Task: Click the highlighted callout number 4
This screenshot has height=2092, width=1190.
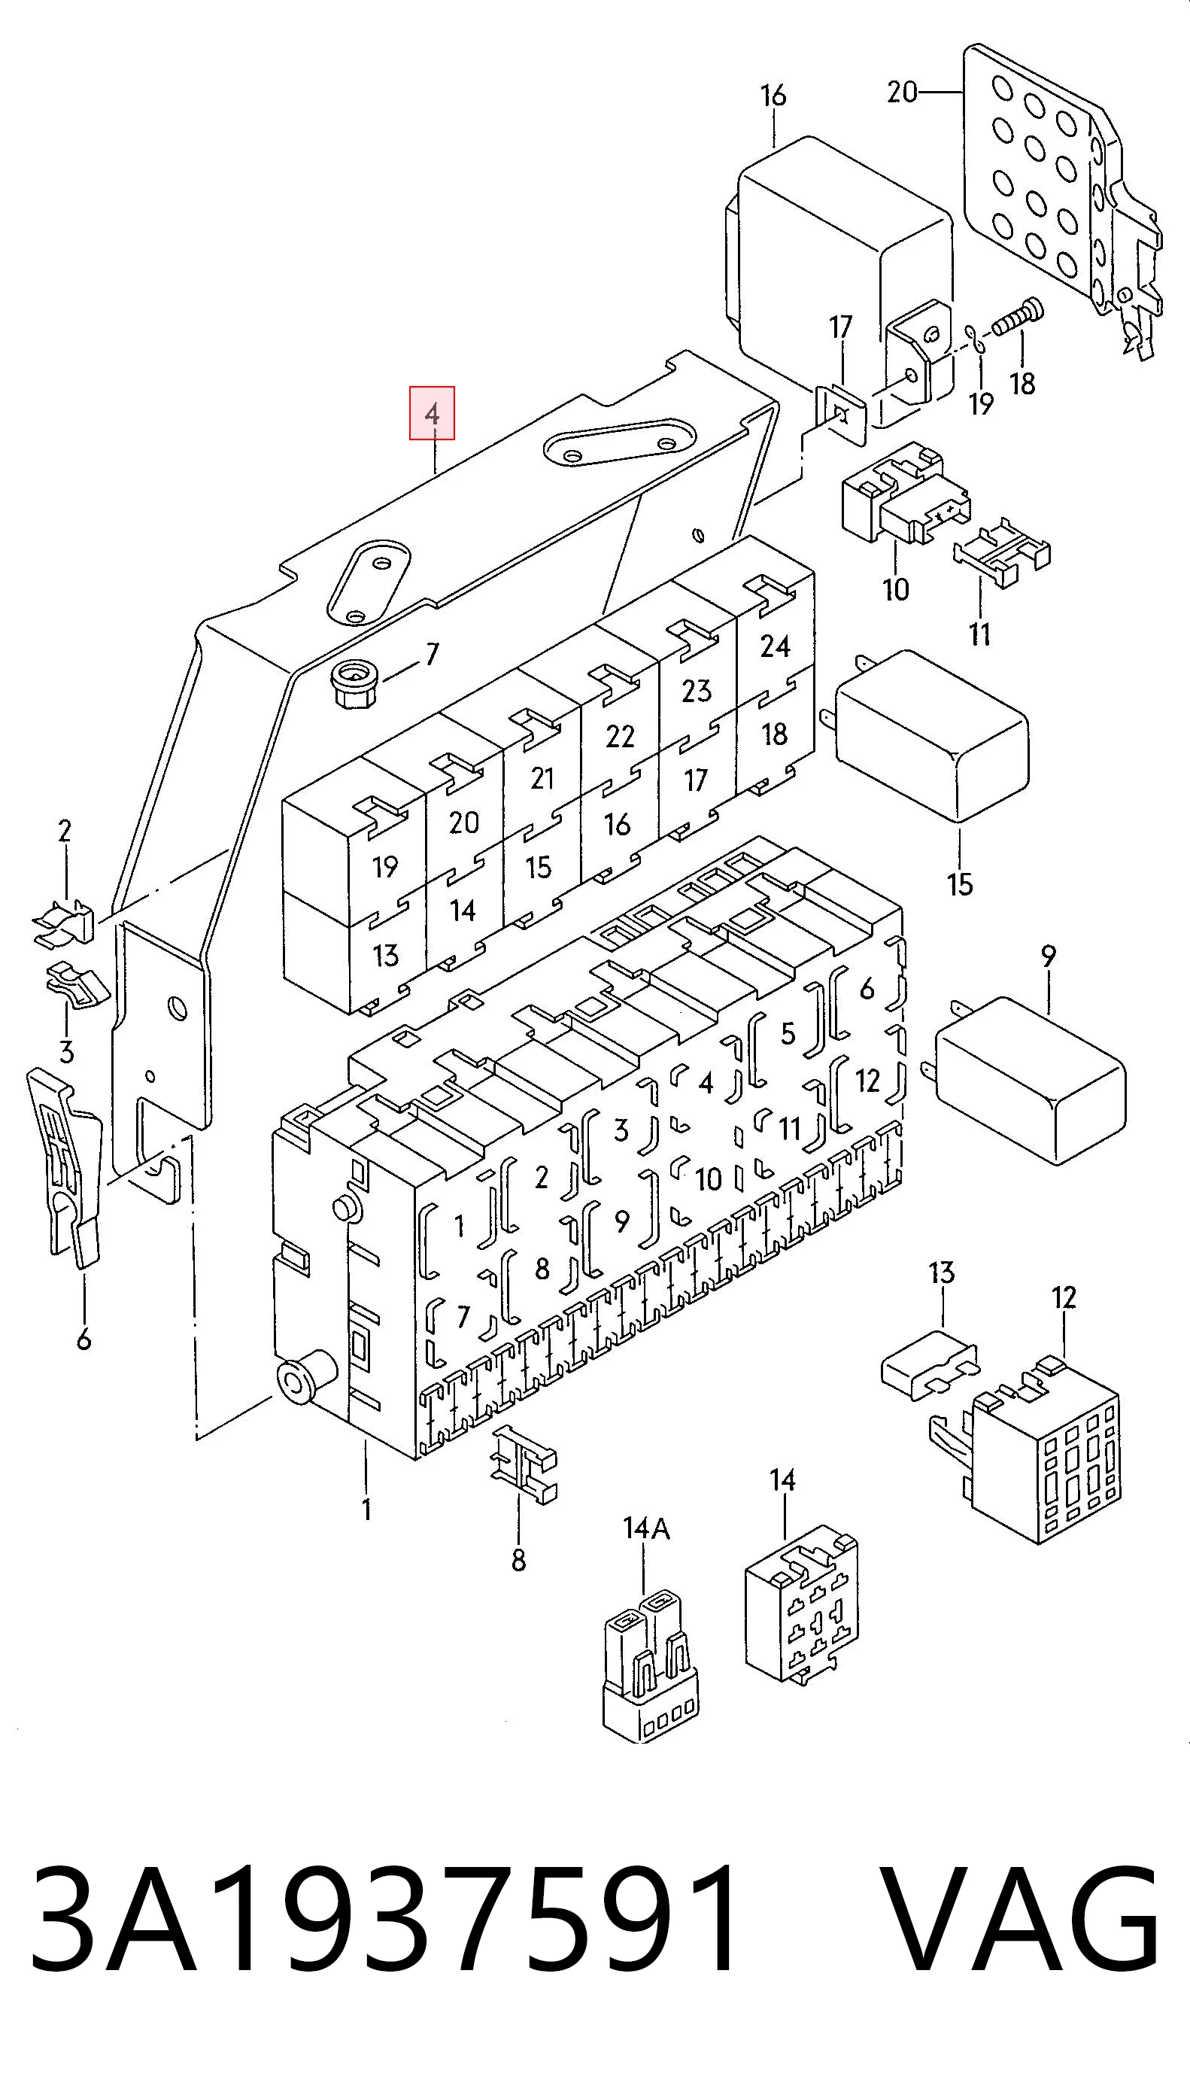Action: pos(432,413)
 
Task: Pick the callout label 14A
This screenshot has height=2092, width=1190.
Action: pos(646,1528)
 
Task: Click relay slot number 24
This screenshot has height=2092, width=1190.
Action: pos(775,646)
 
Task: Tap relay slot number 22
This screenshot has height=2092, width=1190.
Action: pos(621,736)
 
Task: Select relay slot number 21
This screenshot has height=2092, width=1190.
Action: pos(542,778)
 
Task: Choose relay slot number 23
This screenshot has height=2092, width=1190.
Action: pos(697,691)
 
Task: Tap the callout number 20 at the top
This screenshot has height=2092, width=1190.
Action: pos(903,92)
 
